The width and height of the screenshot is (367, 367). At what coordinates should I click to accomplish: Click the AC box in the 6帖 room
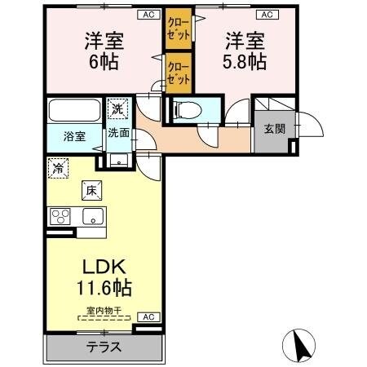[148, 14]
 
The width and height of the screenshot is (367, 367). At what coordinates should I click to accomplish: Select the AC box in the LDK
[148, 317]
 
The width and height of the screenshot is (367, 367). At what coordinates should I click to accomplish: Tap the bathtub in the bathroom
[74, 109]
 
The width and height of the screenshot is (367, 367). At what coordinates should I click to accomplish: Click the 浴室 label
[74, 136]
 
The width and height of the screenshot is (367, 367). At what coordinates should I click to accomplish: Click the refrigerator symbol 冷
[59, 169]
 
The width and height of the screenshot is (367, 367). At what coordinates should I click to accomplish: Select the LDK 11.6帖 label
[104, 277]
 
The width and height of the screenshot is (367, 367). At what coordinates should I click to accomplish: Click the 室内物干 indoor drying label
[103, 309]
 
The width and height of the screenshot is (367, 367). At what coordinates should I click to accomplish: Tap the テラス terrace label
[104, 346]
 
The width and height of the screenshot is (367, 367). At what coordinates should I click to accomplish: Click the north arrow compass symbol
[298, 346]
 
